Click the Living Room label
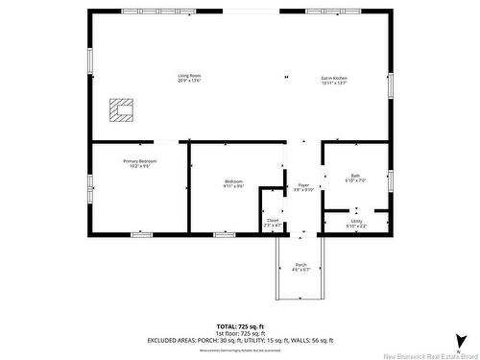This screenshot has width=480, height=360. click(x=188, y=76)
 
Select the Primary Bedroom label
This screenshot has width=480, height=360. click(x=138, y=160)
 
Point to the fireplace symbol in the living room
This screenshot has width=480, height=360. click(x=120, y=112)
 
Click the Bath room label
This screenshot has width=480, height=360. click(x=355, y=175)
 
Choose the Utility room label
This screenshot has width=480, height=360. click(x=356, y=221)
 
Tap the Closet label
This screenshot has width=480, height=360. click(x=273, y=220)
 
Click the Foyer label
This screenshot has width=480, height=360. click(x=303, y=184)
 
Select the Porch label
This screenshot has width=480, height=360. click(x=301, y=264)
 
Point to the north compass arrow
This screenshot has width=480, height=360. click(x=462, y=340)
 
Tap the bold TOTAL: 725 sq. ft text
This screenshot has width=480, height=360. click(x=239, y=327)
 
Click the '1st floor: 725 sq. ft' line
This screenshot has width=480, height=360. click(x=239, y=334)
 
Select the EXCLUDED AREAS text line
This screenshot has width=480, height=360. click(x=239, y=341)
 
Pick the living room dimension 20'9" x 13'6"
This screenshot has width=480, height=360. click(x=188, y=81)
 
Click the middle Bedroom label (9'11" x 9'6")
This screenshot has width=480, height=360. click(x=234, y=184)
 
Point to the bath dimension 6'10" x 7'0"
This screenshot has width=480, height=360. click(x=355, y=180)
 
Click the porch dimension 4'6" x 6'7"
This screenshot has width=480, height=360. click(x=301, y=270)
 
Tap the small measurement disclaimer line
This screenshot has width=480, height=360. click(x=239, y=348)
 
